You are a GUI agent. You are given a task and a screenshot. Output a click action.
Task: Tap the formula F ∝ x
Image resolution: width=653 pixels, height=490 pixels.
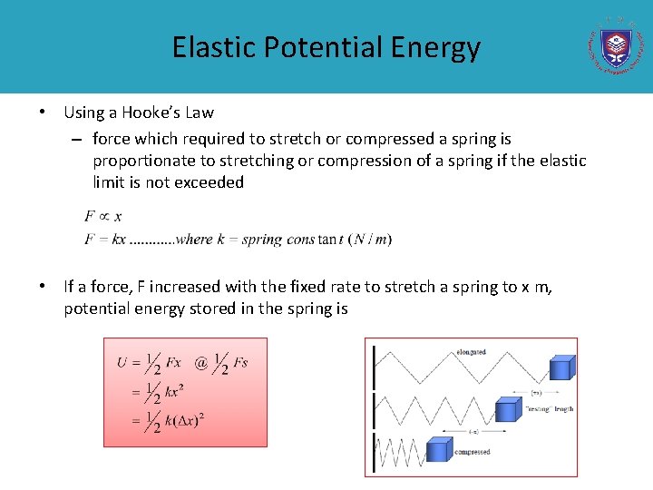tap(102, 216)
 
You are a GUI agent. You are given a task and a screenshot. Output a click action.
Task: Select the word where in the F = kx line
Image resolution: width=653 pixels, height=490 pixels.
tap(194, 240)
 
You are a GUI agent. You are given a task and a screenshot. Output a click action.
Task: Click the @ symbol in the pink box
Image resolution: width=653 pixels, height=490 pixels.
tap(200, 362)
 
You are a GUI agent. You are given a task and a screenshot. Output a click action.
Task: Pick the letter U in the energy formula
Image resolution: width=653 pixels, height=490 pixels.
tap(122, 363)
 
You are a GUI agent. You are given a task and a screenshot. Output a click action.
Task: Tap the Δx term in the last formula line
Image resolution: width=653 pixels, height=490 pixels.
tap(189, 419)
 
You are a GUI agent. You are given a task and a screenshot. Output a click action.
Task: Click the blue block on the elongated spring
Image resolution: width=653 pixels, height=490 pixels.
tap(561, 367)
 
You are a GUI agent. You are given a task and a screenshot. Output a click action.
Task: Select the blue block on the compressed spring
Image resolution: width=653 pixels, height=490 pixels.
tap(440, 448)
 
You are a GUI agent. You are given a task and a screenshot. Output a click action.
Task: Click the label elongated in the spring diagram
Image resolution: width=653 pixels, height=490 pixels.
tap(471, 352)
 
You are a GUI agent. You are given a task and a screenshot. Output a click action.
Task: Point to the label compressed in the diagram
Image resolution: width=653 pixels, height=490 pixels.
tap(473, 452)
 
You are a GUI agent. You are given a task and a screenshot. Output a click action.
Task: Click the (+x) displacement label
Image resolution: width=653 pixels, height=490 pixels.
tap(536, 393)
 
